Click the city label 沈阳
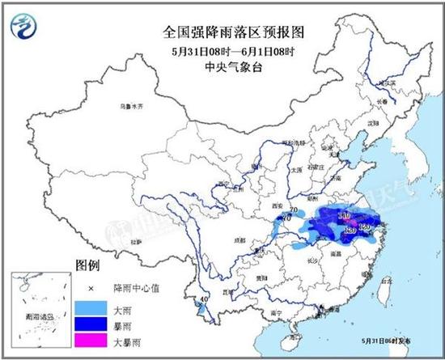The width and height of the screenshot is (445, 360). (374, 123)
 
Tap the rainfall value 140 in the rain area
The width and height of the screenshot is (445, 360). (342, 217)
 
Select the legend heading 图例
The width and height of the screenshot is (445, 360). (87, 265)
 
